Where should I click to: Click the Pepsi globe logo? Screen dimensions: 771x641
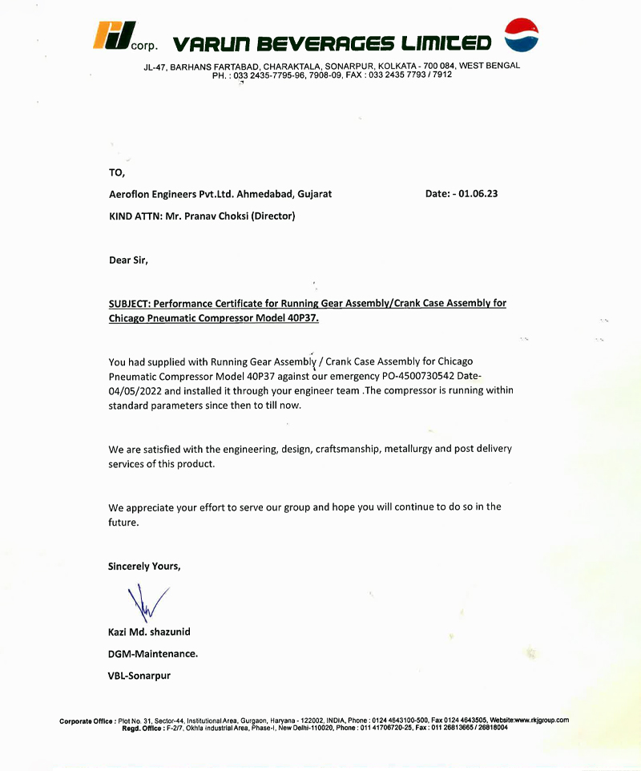[x=521, y=35]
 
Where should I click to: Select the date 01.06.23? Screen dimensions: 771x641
[x=478, y=194]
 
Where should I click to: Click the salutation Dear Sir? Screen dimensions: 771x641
[x=128, y=260]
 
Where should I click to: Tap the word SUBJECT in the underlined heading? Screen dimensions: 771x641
[x=128, y=304]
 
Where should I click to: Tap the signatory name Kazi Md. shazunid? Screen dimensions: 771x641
[x=149, y=632]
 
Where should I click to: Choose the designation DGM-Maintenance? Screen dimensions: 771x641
[x=152, y=653]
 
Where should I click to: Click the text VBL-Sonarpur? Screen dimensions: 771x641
[x=139, y=675]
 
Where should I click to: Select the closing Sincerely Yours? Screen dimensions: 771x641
[x=144, y=566]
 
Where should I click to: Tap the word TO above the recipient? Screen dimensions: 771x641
[x=116, y=172]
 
